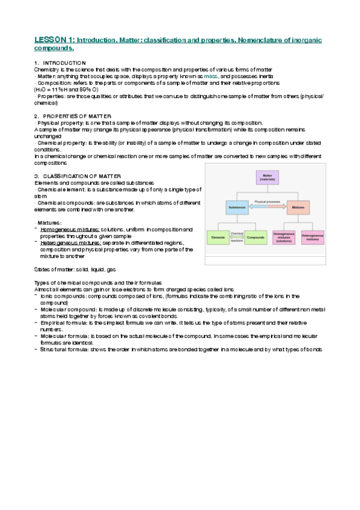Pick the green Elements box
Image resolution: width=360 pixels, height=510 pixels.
[218, 238]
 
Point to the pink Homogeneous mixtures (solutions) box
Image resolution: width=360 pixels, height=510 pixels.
[285, 238]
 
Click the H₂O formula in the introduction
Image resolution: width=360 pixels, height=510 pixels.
[41, 90]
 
